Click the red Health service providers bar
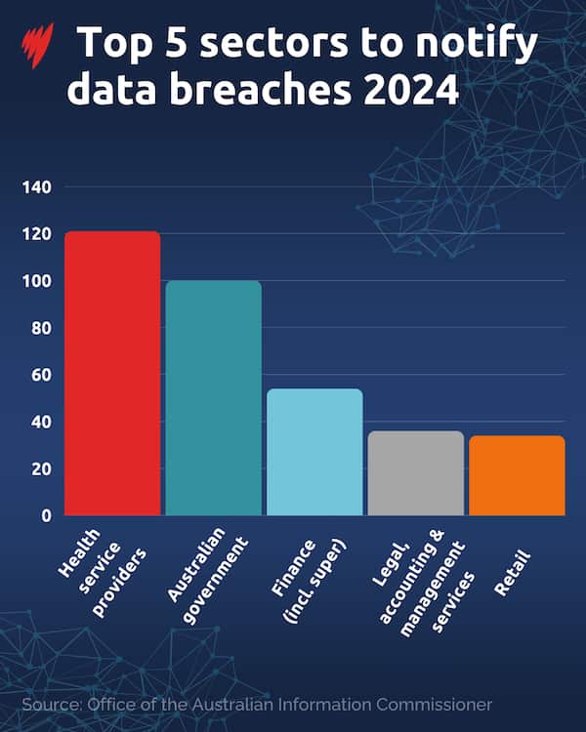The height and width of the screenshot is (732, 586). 112,373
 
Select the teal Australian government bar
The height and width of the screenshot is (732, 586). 213,397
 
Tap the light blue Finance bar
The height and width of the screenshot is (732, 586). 314,452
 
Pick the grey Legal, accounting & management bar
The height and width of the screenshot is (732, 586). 415,472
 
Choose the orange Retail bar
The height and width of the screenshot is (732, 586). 517,475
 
